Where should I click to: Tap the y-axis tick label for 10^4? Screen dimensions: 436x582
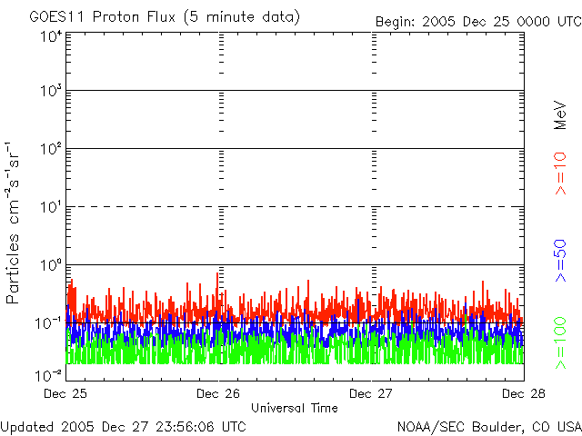pos(49,36)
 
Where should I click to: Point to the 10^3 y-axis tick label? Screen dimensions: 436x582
pos(49,92)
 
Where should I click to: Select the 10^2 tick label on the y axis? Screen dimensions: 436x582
pos(49,149)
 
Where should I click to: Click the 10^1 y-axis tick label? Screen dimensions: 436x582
pos(49,207)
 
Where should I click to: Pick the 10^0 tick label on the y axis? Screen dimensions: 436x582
pos(49,265)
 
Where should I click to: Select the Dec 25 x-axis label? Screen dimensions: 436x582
pos(66,394)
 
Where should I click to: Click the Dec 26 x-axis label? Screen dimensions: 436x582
pos(218,394)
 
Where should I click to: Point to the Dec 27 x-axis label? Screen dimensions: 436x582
pos(371,394)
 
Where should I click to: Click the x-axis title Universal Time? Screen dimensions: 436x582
pos(295,408)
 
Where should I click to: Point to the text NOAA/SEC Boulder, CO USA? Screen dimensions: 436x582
pos(488,426)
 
